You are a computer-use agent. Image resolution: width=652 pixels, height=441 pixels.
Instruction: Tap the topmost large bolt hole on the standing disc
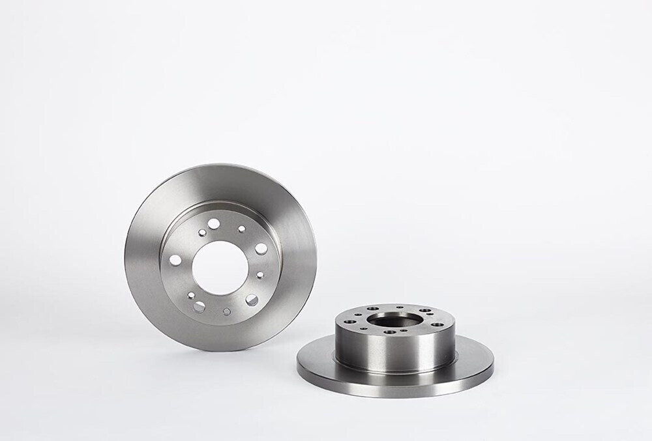click(215, 223)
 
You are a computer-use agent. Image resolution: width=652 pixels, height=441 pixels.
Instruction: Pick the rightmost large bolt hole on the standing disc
click(261, 248)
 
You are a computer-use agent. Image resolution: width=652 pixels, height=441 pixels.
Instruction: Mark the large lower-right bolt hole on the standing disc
click(252, 299)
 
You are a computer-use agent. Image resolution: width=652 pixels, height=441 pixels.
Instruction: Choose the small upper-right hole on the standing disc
click(242, 229)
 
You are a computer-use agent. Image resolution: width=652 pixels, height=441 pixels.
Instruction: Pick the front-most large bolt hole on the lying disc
click(389, 333)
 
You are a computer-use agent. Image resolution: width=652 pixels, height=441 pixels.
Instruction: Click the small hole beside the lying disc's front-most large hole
click(404, 330)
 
